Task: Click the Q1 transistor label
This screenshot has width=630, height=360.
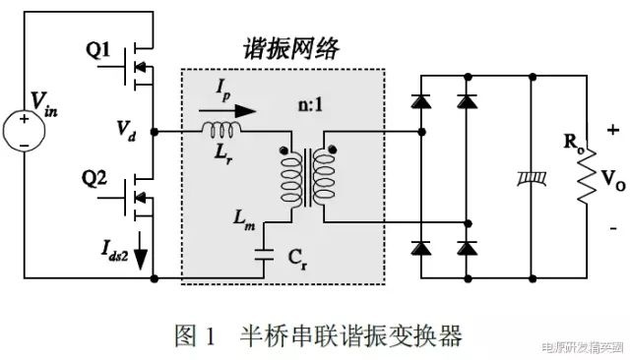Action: coord(97,50)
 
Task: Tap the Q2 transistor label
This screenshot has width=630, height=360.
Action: coord(94,178)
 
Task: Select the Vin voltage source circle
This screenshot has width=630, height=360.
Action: coord(24,131)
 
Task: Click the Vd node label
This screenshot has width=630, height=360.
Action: coord(126,131)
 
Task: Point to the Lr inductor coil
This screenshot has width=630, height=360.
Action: coord(221,129)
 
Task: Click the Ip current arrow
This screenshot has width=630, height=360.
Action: coord(227,111)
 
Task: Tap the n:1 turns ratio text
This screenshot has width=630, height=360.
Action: coord(311,105)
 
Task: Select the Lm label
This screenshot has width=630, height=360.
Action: coord(244,221)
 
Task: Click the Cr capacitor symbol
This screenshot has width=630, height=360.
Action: coord(264,255)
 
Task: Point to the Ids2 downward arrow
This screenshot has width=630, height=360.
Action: coord(141,251)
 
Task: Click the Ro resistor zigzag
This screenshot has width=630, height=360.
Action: coord(587,177)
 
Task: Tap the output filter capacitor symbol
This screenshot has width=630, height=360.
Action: coord(533,179)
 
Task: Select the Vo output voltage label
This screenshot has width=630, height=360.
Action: coord(613,180)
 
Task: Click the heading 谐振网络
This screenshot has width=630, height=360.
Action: coord(291,49)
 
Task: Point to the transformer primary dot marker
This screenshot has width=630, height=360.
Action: coord(284,150)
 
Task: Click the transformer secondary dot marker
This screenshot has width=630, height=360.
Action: coord(333,150)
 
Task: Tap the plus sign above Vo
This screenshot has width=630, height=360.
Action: coord(613,130)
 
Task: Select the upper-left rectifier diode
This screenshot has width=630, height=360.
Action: coord(421,101)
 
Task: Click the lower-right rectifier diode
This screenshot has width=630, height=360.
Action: coord(468,248)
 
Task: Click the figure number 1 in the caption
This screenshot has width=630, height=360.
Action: coord(210,335)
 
